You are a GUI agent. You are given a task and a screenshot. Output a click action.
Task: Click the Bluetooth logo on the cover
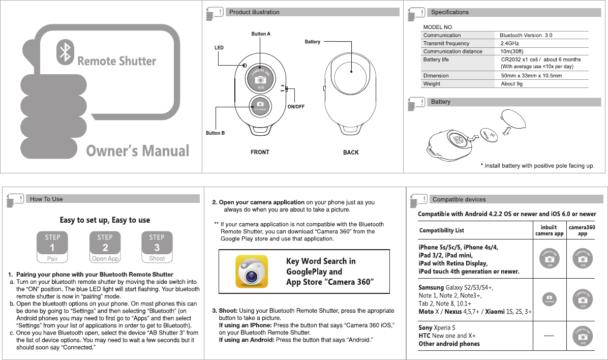click(65, 51)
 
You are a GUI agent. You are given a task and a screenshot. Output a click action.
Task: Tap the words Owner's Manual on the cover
click(137, 151)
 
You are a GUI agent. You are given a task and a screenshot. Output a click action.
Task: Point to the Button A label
click(261, 34)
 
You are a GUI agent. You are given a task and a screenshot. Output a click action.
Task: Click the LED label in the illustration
click(219, 48)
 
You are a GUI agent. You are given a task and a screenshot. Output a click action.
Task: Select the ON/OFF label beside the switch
click(296, 107)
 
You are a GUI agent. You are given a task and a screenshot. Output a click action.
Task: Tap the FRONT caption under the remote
click(260, 152)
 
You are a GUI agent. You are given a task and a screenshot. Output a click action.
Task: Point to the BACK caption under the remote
click(351, 153)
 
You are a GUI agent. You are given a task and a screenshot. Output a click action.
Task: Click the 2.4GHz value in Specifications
click(510, 44)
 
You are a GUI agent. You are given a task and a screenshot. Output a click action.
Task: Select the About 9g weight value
click(511, 84)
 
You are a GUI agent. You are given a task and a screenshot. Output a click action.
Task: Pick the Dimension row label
click(436, 76)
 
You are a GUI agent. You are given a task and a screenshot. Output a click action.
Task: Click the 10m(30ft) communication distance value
click(512, 51)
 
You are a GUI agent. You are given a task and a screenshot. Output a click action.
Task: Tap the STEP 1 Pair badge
click(52, 248)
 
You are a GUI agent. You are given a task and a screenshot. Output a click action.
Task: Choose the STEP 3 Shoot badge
click(157, 248)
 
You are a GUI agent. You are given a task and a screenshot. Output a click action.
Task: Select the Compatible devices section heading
click(459, 199)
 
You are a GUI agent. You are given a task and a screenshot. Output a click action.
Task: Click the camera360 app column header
click(582, 231)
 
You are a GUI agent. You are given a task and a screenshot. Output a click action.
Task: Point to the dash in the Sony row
click(548, 336)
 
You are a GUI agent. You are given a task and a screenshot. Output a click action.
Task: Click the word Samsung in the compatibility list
click(431, 288)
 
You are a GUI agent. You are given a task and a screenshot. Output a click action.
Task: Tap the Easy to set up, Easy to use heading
click(105, 220)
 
